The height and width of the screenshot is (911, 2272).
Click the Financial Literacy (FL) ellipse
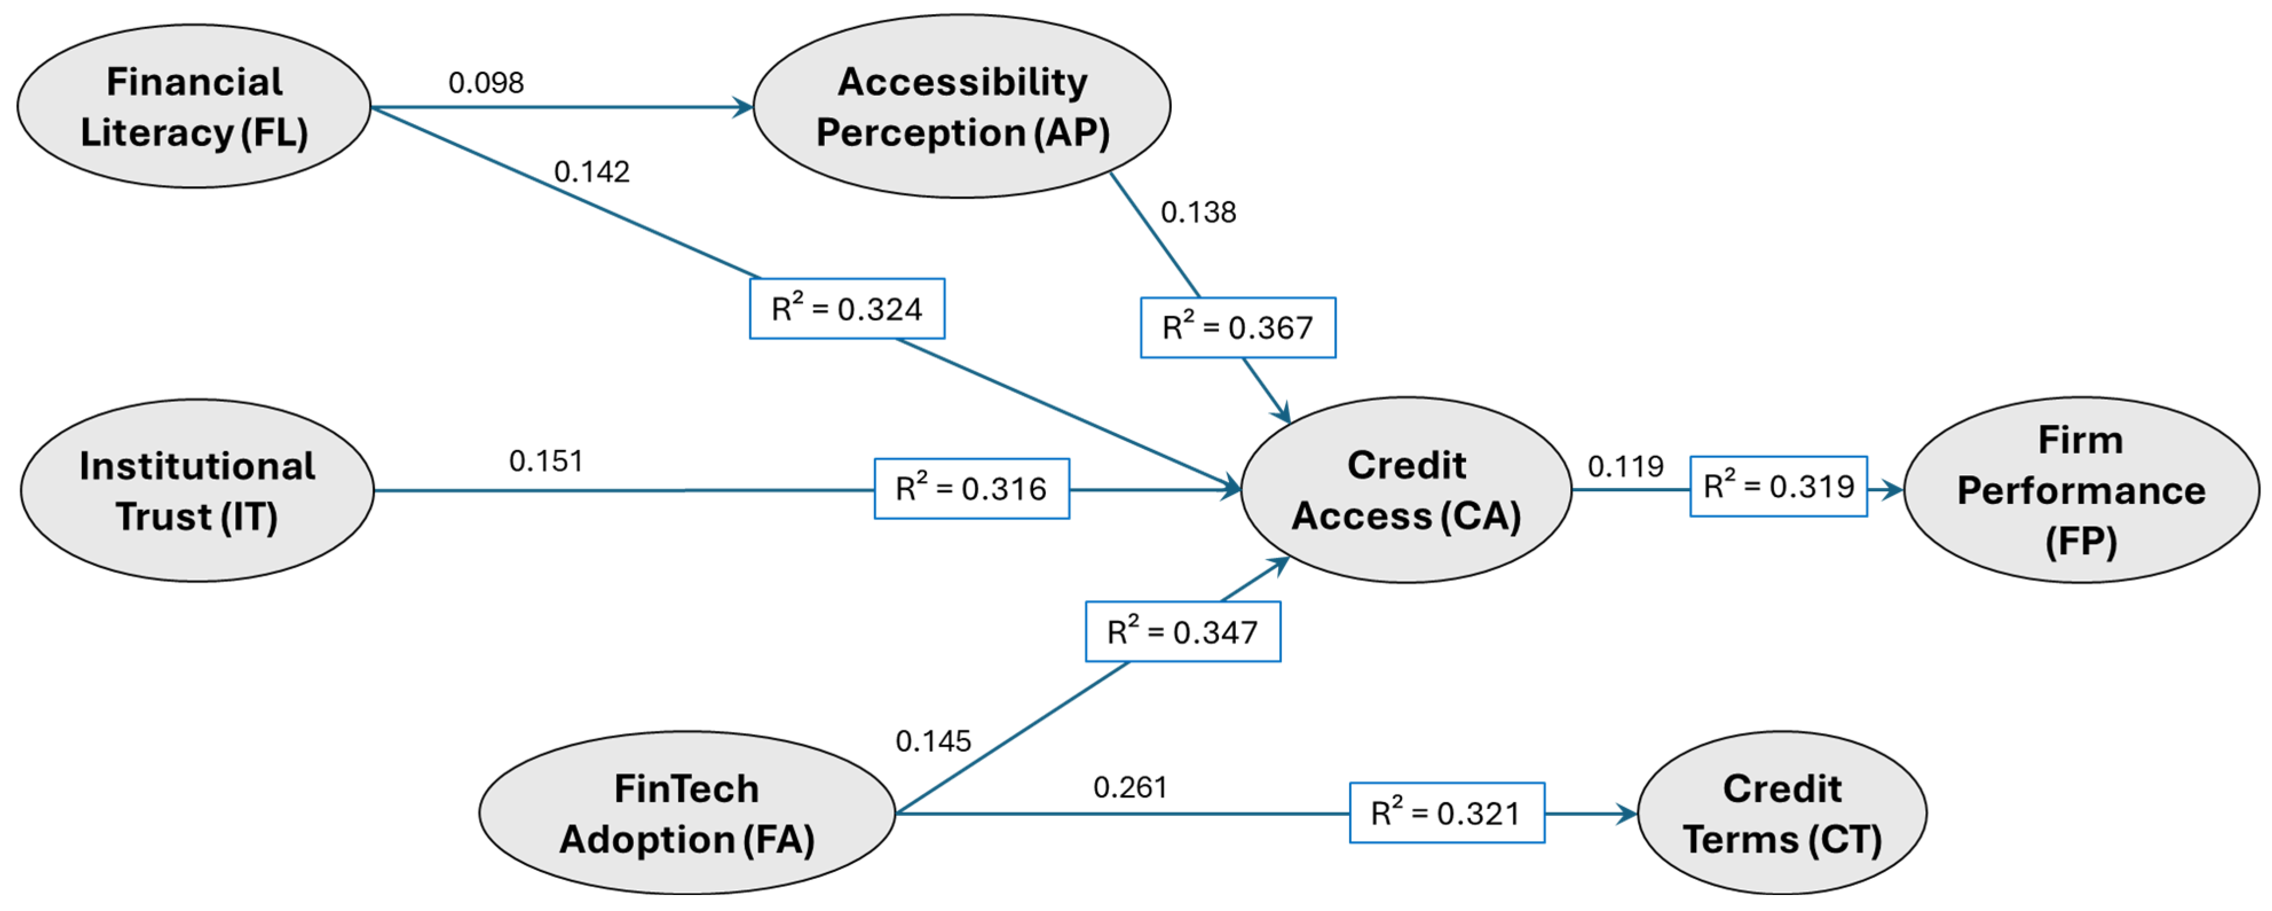194,107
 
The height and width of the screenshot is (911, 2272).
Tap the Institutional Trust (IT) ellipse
197,490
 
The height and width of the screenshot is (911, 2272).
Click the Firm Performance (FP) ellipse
2081,490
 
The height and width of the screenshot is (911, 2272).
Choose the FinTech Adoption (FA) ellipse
686,813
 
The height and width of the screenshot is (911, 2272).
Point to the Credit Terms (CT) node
1781,813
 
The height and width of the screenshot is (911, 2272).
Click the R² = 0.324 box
847,309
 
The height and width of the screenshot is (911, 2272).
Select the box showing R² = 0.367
1238,327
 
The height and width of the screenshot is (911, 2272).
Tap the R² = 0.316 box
971,488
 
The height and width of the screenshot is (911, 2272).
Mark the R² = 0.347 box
1182,632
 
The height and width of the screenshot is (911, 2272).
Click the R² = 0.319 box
1778,486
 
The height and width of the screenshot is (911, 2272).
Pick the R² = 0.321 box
1447,813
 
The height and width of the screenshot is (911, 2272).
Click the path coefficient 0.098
486,83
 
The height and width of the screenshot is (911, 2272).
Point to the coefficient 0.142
592,171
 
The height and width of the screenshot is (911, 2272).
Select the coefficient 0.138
1198,212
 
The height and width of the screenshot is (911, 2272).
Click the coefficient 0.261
1130,787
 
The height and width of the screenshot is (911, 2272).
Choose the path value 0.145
933,741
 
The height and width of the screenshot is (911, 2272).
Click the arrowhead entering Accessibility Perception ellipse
744,108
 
